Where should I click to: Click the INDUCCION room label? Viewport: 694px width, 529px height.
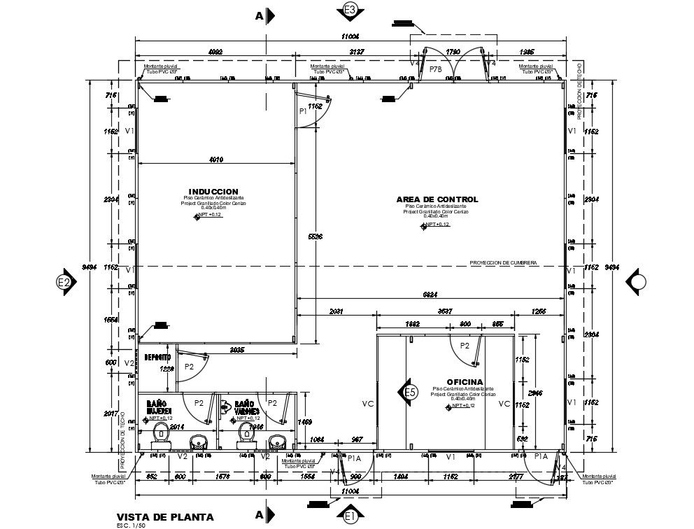pos(213,192)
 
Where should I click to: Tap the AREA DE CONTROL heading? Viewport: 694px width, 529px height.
pos(437,199)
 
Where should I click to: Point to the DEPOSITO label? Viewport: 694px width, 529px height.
pos(157,358)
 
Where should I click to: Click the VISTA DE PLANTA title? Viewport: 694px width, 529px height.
pos(165,517)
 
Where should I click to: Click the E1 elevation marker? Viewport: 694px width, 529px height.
pos(351,516)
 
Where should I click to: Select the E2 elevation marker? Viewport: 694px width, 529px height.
pos(64,282)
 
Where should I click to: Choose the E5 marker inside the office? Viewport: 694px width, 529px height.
pos(411,393)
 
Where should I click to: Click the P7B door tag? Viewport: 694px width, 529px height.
pos(435,70)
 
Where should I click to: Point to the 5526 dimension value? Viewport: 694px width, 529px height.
pos(315,237)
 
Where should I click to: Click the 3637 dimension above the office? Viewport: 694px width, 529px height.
pos(445,311)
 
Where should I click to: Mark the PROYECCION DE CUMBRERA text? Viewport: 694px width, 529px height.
pos(503,262)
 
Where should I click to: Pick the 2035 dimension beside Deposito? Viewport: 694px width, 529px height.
pos(237,349)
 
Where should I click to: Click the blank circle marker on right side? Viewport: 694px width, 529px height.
pos(638,282)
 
